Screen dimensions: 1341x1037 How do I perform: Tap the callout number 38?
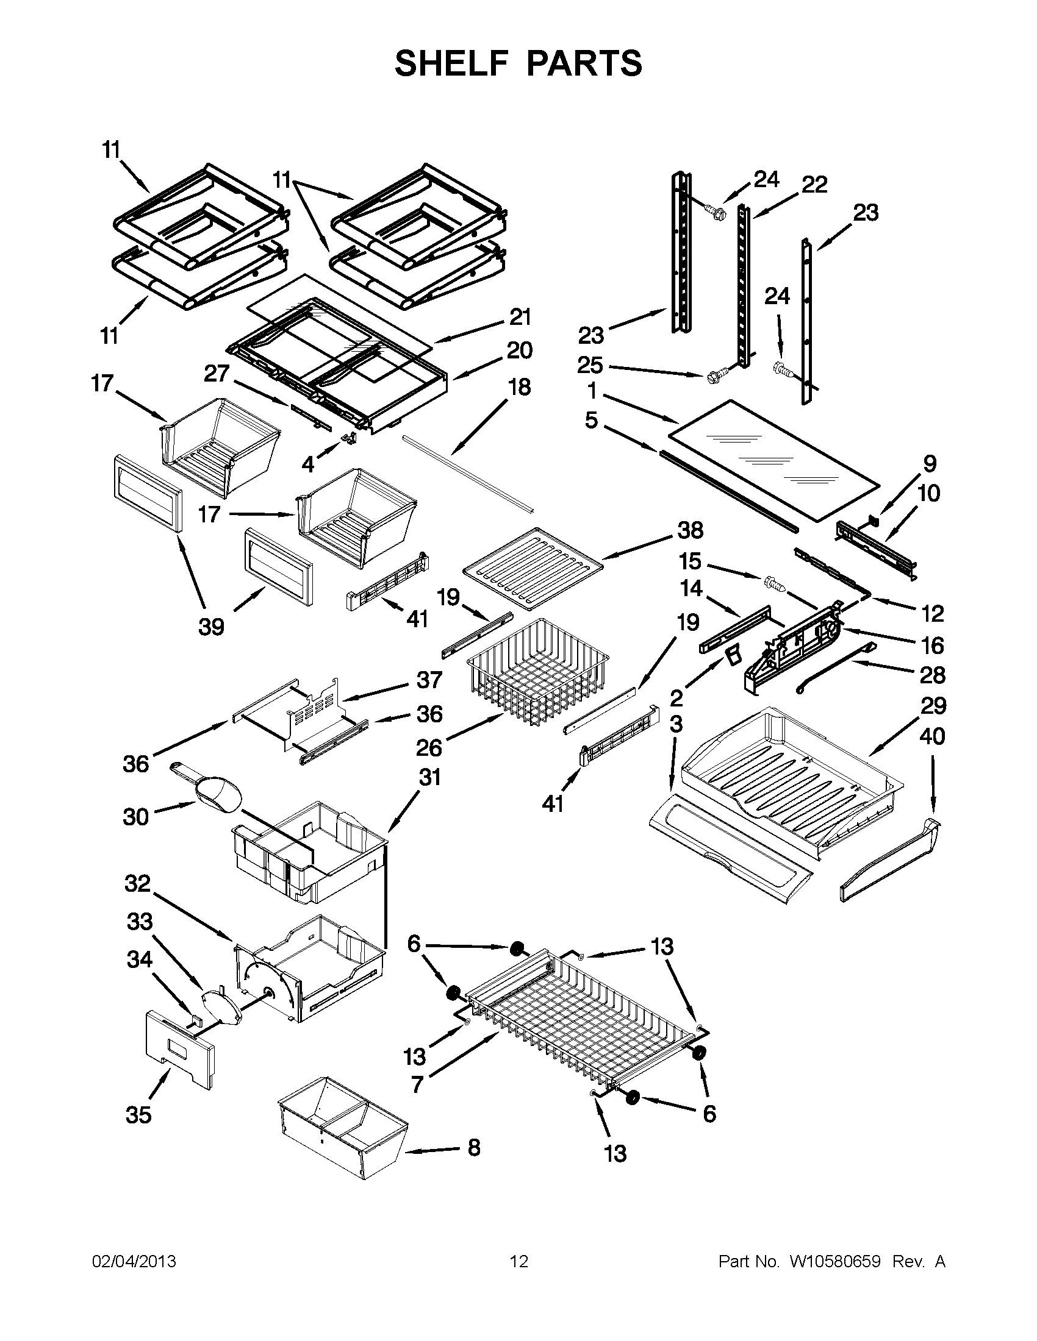click(691, 530)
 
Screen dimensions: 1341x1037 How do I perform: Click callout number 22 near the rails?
click(814, 184)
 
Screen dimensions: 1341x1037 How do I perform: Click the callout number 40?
click(932, 736)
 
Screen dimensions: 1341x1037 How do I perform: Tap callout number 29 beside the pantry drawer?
click(933, 705)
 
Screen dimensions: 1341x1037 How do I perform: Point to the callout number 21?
click(520, 318)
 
